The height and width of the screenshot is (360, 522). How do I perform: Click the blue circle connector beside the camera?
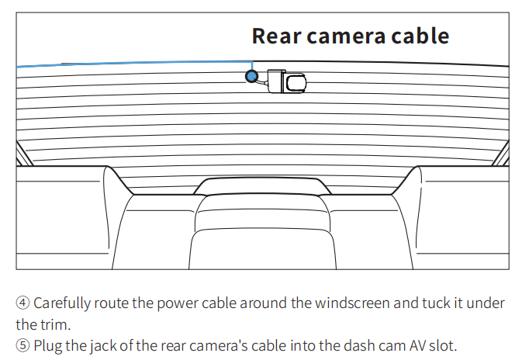(x=251, y=76)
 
